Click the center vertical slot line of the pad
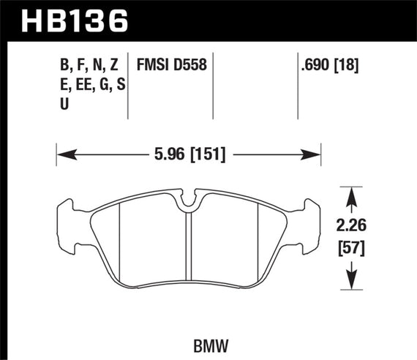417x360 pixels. pyautogui.click(x=189, y=249)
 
